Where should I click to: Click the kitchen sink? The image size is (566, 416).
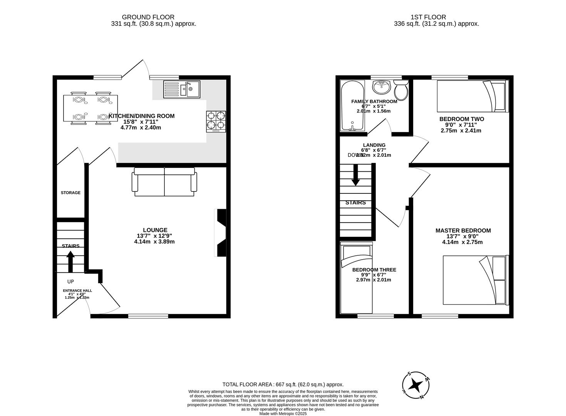coord(181,89)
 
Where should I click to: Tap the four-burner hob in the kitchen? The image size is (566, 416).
coord(216,121)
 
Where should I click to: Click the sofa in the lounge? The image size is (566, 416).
coord(164,182)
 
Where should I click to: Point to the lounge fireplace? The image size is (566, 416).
coord(221,233)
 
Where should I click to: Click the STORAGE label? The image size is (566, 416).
coord(70,193)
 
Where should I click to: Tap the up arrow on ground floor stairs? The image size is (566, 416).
coord(70,261)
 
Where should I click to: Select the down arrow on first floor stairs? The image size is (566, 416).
coord(355,175)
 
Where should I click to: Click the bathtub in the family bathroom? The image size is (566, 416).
coord(352,106)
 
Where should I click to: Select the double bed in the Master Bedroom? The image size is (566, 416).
coord(475,280)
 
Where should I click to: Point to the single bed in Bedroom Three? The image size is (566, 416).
coord(357,279)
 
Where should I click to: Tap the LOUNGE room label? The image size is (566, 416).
coord(155,230)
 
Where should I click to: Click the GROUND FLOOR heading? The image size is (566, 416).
coord(148,17)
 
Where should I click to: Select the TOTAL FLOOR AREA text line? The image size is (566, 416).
coord(283,384)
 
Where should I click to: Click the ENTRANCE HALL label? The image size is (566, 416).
coord(77,291)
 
